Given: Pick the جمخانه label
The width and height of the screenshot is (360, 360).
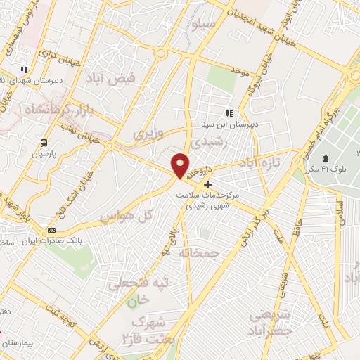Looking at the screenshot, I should pyautogui.click(x=200, y=252).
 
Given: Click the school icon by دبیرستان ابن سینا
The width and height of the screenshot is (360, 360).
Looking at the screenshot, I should pyautogui.click(x=229, y=112).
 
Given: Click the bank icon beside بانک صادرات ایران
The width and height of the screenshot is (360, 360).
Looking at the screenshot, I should pyautogui.click(x=51, y=231).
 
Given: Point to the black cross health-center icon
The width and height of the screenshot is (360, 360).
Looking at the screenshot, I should pyautogui.click(x=207, y=184).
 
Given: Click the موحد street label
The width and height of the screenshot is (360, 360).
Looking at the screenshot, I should pyautogui.click(x=239, y=72).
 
